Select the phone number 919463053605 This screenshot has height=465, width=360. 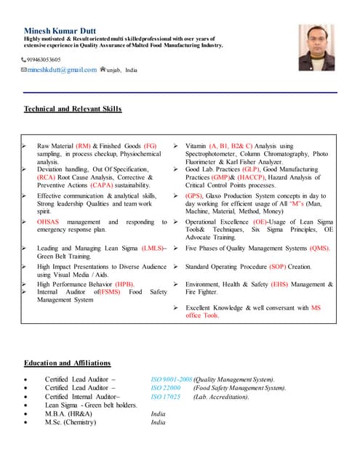(44, 60)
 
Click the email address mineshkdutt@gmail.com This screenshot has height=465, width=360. (61, 70)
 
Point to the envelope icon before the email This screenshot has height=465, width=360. (24, 70)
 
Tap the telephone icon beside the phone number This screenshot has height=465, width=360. (23, 60)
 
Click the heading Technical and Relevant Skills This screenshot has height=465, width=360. (73, 109)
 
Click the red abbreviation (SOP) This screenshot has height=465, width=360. (279, 267)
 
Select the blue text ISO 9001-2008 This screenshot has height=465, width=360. (170, 379)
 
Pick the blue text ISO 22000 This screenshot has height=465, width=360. (165, 388)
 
